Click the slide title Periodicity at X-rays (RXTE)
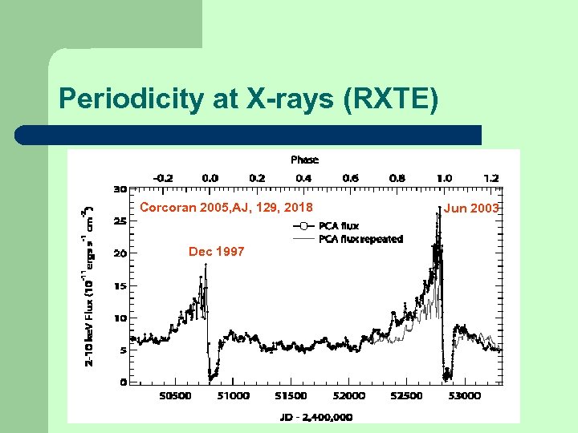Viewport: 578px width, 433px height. (x=249, y=99)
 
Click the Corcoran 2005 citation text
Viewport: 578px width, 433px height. (x=226, y=208)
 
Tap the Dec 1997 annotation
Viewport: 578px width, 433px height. (x=217, y=252)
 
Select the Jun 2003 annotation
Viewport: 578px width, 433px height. (x=472, y=208)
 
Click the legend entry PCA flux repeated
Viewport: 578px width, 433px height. (x=360, y=239)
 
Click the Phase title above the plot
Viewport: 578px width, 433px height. (x=304, y=160)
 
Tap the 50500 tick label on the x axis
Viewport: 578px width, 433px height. (x=176, y=396)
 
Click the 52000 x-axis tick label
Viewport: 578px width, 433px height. (x=349, y=396)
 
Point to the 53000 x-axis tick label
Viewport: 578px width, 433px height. (x=465, y=396)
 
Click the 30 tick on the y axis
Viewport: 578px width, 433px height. (x=120, y=190)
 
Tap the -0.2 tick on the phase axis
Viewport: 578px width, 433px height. (x=163, y=177)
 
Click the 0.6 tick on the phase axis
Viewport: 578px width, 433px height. (x=351, y=177)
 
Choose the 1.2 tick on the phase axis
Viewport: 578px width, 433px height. (x=491, y=177)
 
